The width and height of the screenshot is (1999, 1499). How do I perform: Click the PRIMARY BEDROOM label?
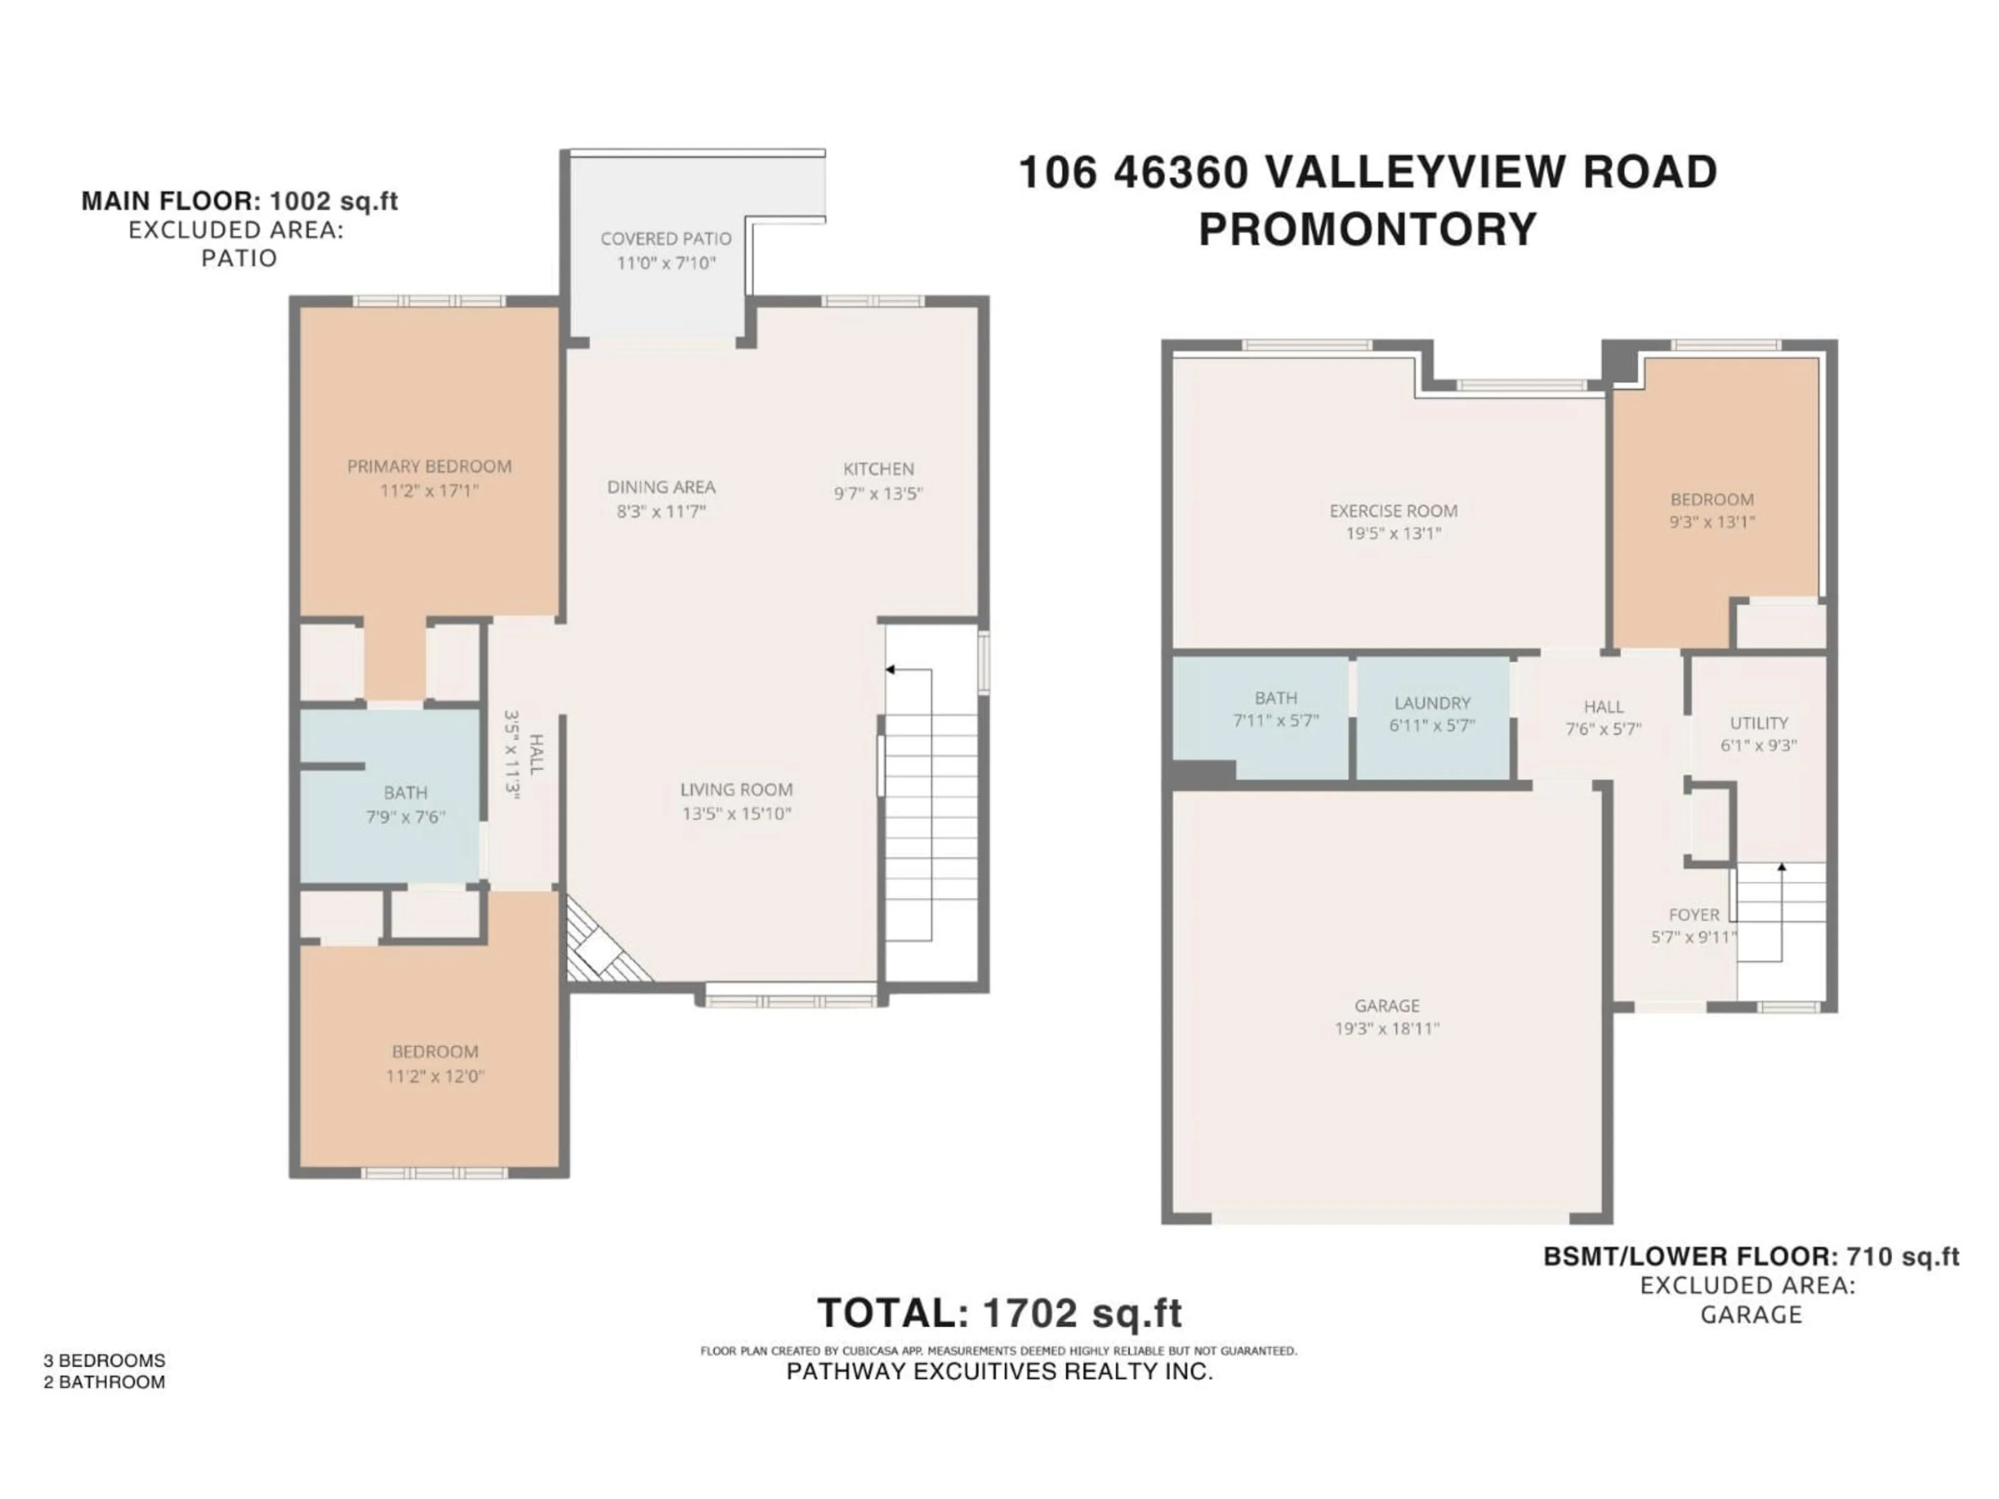[x=429, y=466]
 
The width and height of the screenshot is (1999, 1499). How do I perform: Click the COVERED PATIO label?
[x=665, y=238]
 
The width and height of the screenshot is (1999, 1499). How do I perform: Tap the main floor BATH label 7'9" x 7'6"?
[x=405, y=792]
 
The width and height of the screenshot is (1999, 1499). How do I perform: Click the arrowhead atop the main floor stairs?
[x=889, y=669]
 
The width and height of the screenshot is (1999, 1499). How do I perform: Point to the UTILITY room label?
[x=1758, y=723]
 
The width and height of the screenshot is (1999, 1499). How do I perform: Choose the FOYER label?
[x=1693, y=914]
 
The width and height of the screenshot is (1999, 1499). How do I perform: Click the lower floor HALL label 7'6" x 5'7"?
[x=1603, y=707]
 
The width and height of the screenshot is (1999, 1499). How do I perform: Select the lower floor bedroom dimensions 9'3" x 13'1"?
[x=1712, y=522]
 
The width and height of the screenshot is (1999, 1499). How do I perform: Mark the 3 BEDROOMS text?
[x=104, y=1361]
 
